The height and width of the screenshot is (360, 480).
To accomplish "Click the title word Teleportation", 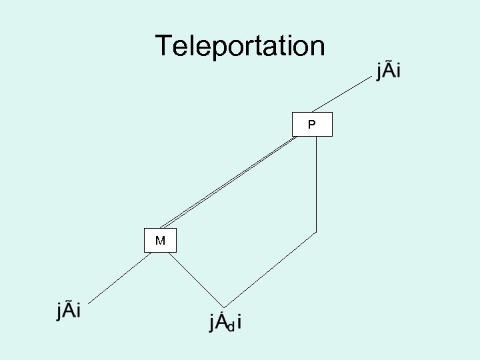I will pos(240,47).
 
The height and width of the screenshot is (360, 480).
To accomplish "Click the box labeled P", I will pos(312,125).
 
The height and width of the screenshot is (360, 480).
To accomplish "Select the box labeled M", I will pos(160,241).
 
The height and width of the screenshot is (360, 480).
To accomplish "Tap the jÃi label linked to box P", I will pos(389,69).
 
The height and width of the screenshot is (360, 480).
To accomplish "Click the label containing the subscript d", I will pos(225,323).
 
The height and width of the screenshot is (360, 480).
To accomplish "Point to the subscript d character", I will pos(230,327).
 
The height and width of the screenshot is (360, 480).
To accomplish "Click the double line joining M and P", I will pos(227,181).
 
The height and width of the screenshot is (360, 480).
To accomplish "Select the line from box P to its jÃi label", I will pos(343,92).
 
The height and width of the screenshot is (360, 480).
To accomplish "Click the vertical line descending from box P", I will pos(316,183).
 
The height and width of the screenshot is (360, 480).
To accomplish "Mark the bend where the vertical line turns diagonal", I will pos(316,232).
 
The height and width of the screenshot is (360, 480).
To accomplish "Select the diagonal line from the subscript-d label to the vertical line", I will pos(270,270).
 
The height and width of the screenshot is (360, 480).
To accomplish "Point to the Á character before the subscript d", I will pos(221,321).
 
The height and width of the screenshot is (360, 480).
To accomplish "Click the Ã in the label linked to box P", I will pos(389,69).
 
